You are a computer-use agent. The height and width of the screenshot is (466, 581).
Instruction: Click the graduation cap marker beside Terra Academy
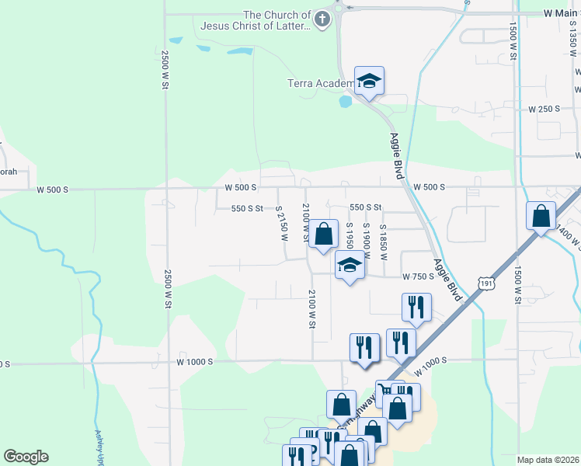369,81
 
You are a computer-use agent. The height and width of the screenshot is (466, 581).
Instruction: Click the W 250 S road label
544,109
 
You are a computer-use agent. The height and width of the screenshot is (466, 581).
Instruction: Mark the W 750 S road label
417,276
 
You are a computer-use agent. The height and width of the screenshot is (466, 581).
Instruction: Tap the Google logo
26,457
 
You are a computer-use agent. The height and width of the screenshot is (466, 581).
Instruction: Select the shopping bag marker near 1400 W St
541,216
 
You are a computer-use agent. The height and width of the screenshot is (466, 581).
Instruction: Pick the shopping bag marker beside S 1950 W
323,233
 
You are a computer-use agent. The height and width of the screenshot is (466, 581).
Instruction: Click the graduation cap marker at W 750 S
350,266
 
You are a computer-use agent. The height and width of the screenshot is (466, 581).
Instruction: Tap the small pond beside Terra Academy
346,101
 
